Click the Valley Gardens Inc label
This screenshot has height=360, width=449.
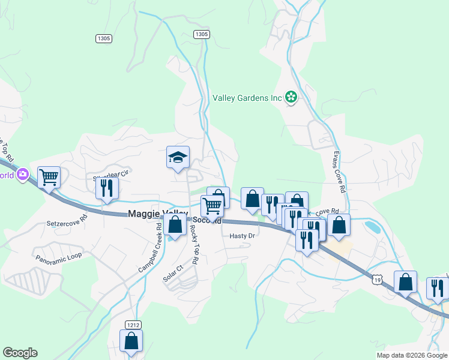coord(247,98)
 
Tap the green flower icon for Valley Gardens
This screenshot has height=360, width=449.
coord(291,97)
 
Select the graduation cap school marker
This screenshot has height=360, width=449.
coord(178,158)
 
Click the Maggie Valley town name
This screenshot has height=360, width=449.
coord(157,214)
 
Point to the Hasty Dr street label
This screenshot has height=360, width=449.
coord(243,236)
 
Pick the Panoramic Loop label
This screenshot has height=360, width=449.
coord(58,257)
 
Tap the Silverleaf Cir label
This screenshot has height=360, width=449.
coord(111,176)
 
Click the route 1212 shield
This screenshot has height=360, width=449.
coord(133,325)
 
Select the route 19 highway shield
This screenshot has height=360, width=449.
coord(376,280)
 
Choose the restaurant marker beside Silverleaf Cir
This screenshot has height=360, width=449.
coord(107,188)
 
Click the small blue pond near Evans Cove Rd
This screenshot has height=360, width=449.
coord(372,227)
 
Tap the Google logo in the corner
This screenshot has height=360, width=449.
coord(20,353)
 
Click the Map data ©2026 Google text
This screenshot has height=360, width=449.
coord(411,355)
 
